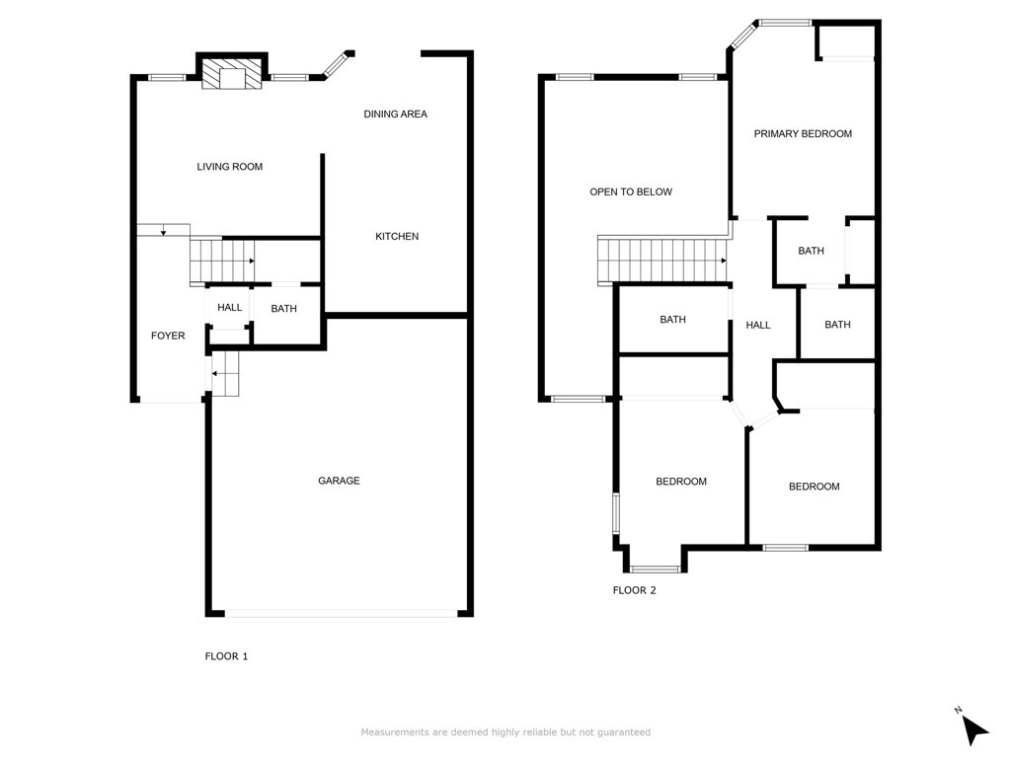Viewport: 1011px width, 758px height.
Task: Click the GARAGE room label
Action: click(339, 481)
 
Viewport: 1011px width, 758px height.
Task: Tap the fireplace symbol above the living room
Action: click(232, 73)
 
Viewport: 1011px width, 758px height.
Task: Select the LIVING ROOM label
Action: click(229, 166)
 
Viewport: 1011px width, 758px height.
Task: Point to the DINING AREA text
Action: click(395, 114)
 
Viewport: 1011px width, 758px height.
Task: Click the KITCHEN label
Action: click(397, 237)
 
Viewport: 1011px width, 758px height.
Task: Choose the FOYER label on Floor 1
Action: click(168, 336)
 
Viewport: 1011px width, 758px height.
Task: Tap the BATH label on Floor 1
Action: click(283, 309)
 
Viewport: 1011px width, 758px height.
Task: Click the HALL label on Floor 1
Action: click(229, 308)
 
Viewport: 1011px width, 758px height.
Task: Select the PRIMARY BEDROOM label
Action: click(803, 134)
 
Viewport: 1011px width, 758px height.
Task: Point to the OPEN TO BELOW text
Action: click(631, 192)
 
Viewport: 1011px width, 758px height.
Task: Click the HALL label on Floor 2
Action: click(758, 325)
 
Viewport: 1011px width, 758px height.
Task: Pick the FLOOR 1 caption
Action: click(226, 656)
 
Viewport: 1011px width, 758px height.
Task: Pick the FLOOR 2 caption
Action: click(635, 590)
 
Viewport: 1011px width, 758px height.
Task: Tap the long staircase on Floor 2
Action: click(662, 261)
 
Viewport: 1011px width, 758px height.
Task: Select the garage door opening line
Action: click(341, 614)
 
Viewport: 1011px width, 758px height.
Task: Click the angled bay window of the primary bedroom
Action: click(743, 35)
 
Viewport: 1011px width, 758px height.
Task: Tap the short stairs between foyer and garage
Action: click(226, 373)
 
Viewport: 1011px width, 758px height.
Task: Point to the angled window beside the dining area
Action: click(335, 64)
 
